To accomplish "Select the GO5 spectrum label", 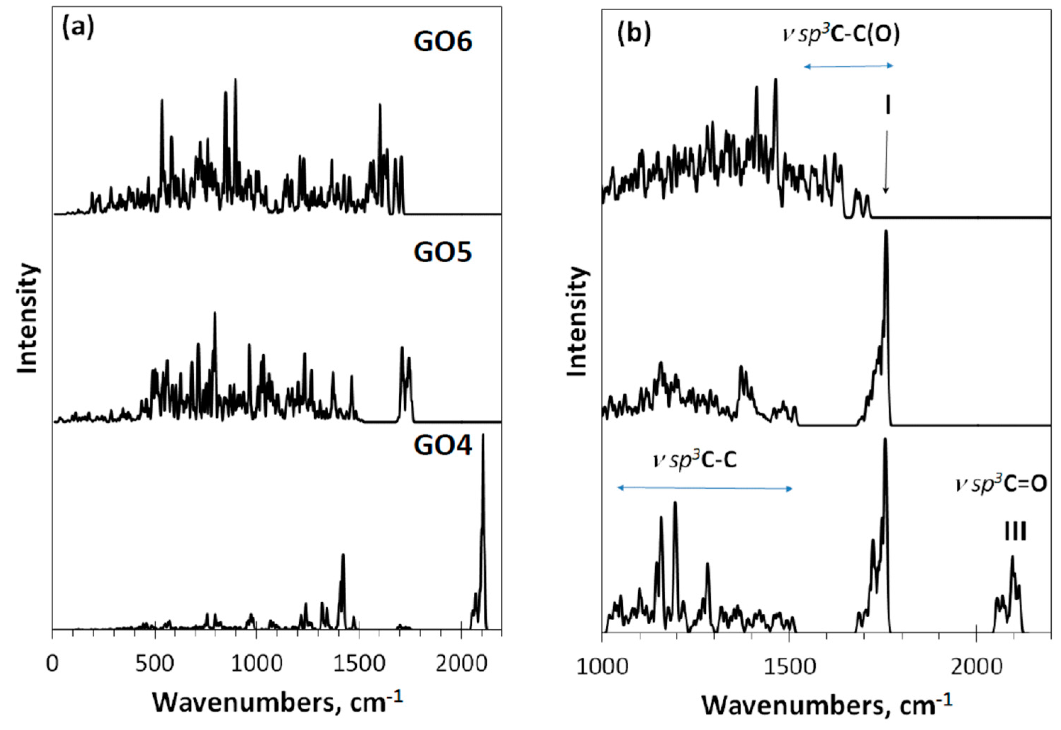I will pyautogui.click(x=443, y=252).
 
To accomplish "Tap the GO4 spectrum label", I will pyautogui.click(x=443, y=446).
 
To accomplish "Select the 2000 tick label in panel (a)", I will pyautogui.click(x=462, y=663).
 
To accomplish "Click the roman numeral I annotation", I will pyautogui.click(x=888, y=105).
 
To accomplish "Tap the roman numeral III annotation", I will pyautogui.click(x=1015, y=532).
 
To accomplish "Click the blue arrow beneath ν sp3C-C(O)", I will pyautogui.click(x=848, y=66).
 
